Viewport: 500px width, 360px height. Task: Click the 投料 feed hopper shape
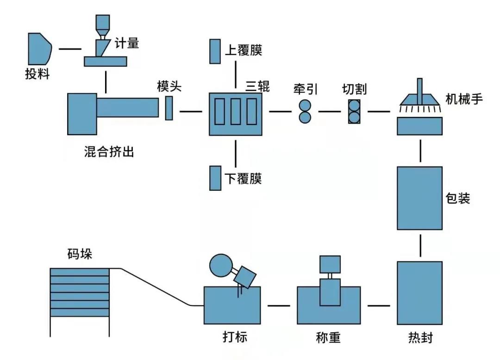(x=38, y=49)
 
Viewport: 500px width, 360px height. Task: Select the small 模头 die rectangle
(x=169, y=108)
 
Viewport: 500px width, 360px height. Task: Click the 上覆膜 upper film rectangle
(x=215, y=51)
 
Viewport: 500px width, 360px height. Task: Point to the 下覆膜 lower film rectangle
(x=215, y=178)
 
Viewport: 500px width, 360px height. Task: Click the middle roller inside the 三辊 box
(x=236, y=112)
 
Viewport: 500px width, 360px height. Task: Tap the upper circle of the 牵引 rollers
(x=305, y=105)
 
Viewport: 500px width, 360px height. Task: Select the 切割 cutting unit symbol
(x=354, y=111)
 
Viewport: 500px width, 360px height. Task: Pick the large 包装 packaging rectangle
(x=419, y=198)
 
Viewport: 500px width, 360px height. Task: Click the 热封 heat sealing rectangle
(x=419, y=293)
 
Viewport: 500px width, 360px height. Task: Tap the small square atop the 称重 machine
(x=330, y=264)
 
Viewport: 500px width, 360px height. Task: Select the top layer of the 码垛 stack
(x=80, y=272)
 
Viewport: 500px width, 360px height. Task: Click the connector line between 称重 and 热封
(x=379, y=306)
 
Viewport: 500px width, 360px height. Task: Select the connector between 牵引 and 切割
(x=329, y=112)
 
